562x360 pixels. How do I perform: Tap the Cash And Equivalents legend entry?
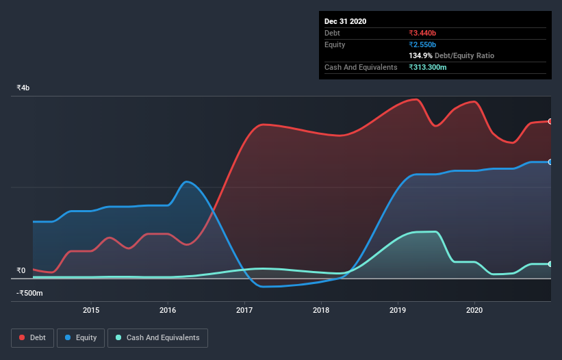point(157,337)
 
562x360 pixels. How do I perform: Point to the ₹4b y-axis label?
point(23,88)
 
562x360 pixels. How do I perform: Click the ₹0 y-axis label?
point(21,270)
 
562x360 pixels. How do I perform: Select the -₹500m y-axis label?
point(30,294)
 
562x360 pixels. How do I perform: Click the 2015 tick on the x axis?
point(91,310)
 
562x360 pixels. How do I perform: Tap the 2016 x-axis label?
point(168,310)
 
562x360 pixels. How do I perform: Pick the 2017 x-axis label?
point(244,310)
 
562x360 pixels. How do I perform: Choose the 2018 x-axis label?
point(321,310)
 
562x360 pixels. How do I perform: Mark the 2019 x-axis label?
point(398,310)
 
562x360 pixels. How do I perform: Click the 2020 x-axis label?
point(474,310)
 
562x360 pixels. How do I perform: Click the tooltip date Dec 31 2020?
point(345,21)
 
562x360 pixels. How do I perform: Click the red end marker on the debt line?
point(550,121)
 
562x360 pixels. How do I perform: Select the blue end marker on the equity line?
point(550,162)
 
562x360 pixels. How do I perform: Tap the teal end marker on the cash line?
point(550,264)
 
